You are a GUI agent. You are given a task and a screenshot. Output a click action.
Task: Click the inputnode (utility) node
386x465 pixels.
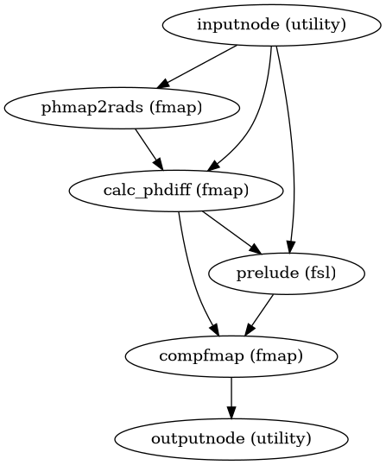[x=271, y=24]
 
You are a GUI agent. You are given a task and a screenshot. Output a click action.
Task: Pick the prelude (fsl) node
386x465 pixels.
[x=286, y=273]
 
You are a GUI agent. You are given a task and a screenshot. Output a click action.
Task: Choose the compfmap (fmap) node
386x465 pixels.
[x=231, y=355]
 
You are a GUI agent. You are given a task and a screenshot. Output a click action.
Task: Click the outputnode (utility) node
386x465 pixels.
[x=231, y=438]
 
